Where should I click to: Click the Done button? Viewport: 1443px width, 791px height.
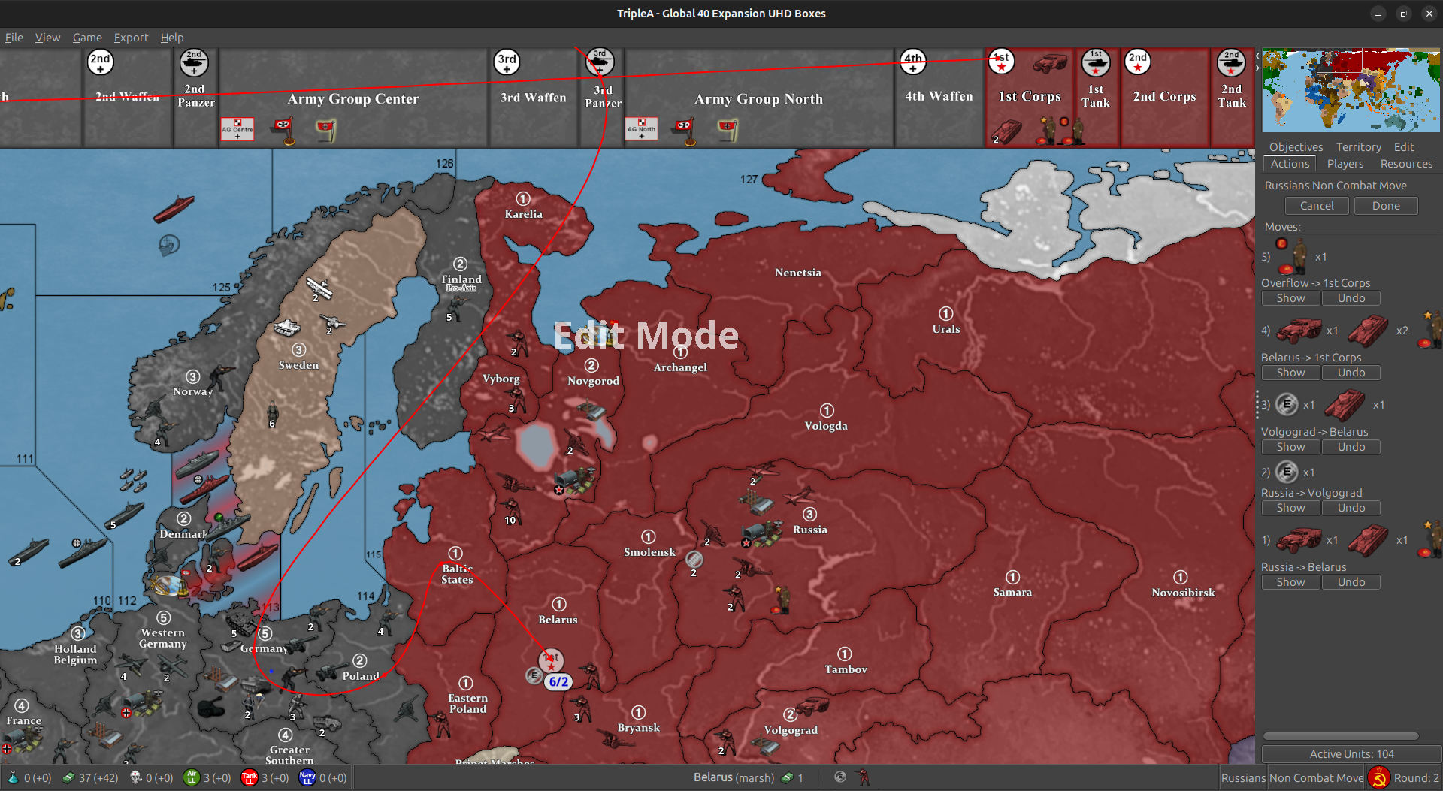[1385, 206]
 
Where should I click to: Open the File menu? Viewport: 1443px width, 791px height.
[14, 38]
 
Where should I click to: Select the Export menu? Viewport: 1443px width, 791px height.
[131, 38]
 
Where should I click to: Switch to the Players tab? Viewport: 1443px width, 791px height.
[1345, 164]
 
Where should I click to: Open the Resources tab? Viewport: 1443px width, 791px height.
[1405, 164]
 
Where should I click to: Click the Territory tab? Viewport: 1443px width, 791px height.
[1358, 147]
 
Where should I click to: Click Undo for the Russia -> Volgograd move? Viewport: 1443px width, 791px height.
[1351, 508]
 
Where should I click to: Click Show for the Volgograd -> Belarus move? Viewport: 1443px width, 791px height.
[1290, 447]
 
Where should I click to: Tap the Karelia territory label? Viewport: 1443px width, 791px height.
[523, 214]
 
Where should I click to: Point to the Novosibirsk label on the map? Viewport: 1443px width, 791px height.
[1183, 593]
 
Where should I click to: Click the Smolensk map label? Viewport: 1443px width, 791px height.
[649, 552]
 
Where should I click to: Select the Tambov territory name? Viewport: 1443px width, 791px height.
[846, 669]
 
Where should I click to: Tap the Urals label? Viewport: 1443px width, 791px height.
[945, 329]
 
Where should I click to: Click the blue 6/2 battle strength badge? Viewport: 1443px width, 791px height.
[558, 682]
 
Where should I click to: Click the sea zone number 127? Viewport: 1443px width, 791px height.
[749, 179]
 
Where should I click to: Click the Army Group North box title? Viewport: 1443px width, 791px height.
[758, 99]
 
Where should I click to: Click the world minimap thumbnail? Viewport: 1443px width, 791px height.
[1351, 90]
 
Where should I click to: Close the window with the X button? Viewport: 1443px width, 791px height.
[1429, 14]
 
